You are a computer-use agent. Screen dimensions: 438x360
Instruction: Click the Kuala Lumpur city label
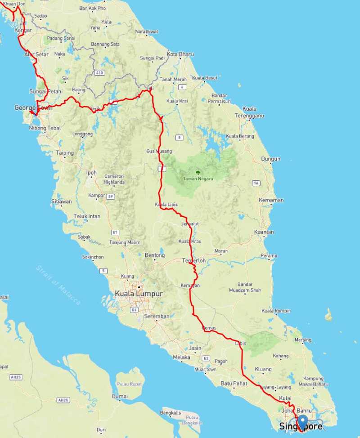[x=139, y=294]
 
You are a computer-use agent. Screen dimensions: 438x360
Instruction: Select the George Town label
[x=33, y=107]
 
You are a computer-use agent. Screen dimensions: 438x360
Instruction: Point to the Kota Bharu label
[x=180, y=54]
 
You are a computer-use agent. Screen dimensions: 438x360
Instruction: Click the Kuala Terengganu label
[x=255, y=112]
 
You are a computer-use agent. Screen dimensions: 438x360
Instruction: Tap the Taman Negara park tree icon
[x=198, y=172]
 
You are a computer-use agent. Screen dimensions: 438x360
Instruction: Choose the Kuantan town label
[x=264, y=232]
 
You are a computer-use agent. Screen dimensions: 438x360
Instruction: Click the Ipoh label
[x=91, y=172]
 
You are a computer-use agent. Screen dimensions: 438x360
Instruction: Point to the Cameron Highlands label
[x=113, y=179]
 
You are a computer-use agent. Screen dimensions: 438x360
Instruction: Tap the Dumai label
[x=120, y=397]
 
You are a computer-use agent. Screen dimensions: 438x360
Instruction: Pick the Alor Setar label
[x=36, y=54]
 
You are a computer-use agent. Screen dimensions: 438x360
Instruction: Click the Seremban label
[x=157, y=316]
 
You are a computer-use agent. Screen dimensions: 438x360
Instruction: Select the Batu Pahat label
[x=232, y=384]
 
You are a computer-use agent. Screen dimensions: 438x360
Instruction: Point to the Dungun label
[x=270, y=159]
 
